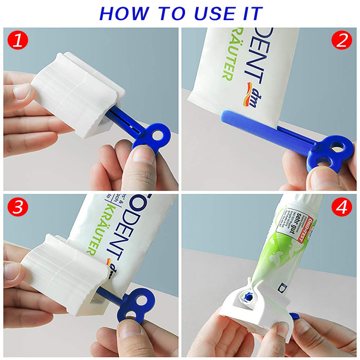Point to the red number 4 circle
pos(341,208)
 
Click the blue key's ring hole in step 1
pos(157,134)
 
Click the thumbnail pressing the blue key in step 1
pos(142,155)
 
